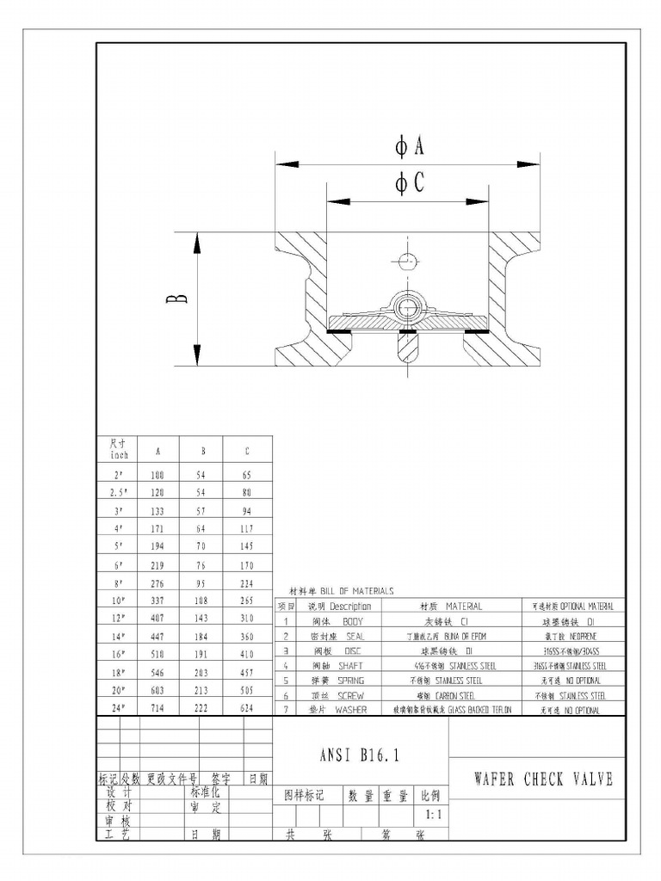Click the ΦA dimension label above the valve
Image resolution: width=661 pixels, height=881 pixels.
(410, 147)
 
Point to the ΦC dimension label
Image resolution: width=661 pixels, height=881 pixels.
(410, 184)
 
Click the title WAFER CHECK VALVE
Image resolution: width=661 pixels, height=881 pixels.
(544, 779)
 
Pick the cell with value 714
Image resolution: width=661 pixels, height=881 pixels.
(158, 708)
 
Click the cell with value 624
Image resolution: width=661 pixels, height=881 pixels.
(247, 708)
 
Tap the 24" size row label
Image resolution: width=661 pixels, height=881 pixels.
(119, 708)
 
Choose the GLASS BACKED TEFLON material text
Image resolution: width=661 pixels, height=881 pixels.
(473, 710)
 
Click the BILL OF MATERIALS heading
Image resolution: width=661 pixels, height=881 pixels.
(357, 591)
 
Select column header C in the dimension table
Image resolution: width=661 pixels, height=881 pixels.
(247, 450)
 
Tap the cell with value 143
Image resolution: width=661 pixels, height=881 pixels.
(202, 619)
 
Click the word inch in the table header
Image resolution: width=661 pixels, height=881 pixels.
(119, 455)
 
